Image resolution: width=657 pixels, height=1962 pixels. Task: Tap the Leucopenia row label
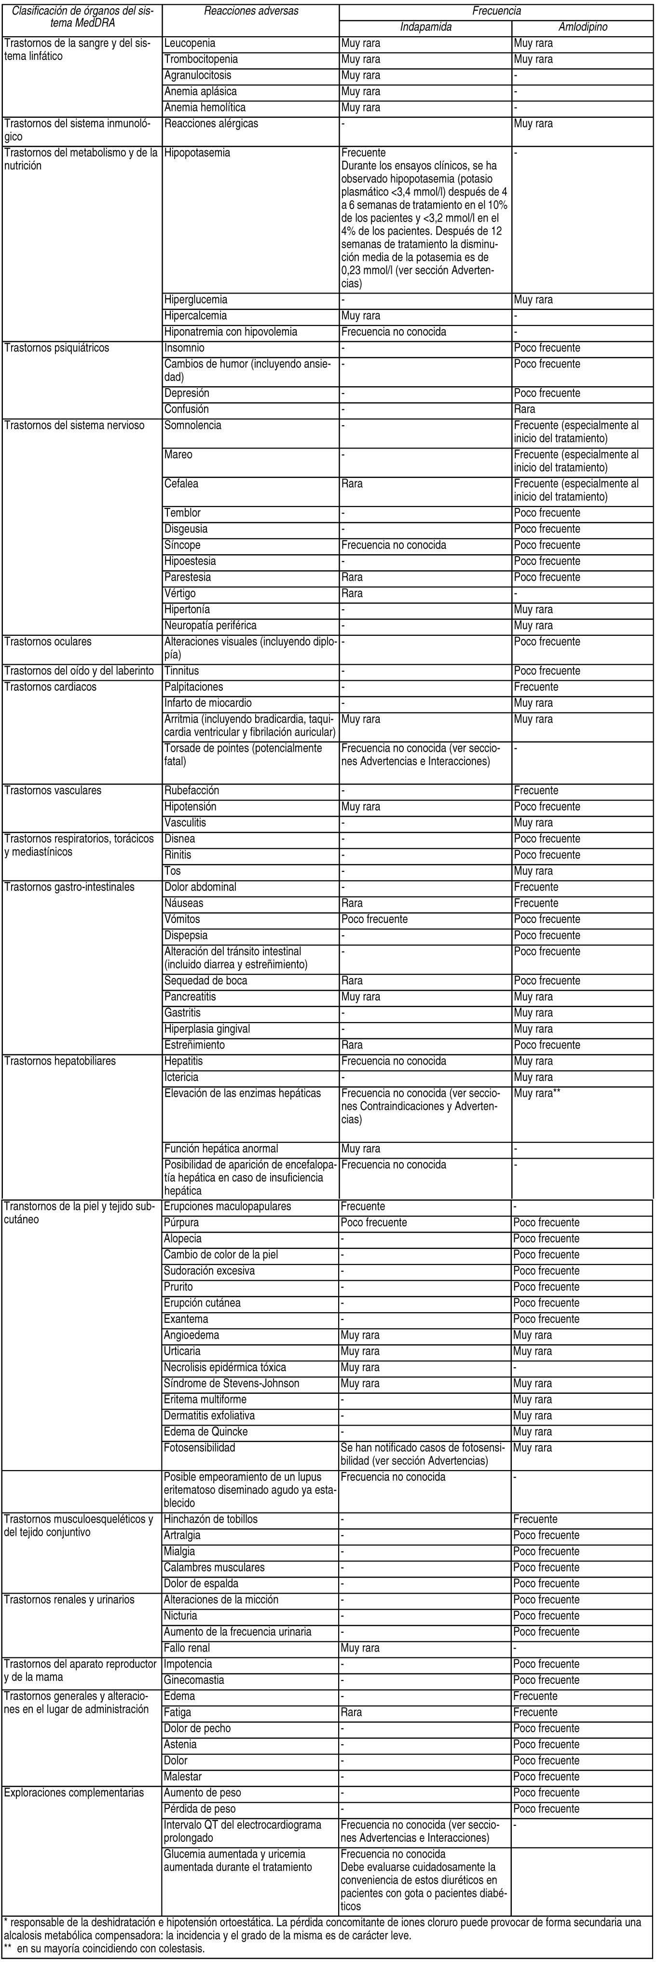[190, 43]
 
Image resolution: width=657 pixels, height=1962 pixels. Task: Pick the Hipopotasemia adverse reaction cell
[196, 153]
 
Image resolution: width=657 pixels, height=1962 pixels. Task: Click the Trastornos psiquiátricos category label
[57, 348]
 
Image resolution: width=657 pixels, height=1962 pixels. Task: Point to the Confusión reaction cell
[187, 409]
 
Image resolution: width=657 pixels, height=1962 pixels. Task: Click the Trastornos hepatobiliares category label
[60, 1061]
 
